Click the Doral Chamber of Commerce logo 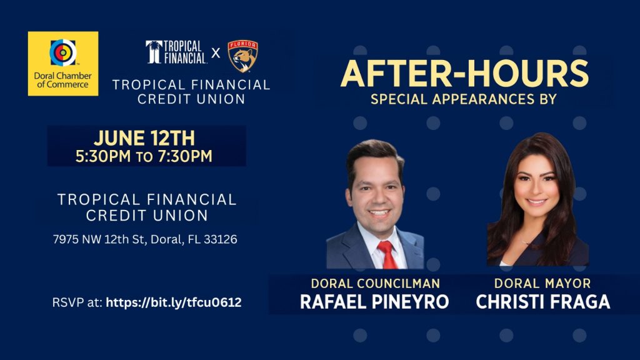[62, 63]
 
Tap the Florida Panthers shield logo [242, 56]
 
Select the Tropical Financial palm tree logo [154, 52]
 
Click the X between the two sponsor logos [216, 53]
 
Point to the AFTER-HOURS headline [464, 74]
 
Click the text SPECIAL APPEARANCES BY [464, 99]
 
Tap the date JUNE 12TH [144, 138]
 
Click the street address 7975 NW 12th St [100, 239]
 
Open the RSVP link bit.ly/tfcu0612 [174, 302]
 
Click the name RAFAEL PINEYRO [374, 302]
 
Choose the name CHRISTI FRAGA [542, 302]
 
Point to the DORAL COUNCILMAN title [375, 283]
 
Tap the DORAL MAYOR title [542, 283]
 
